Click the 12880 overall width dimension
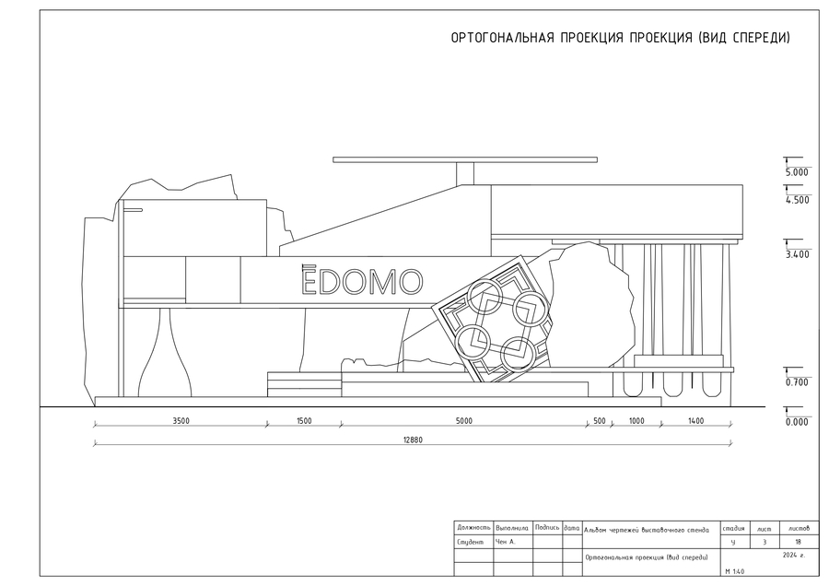[x=413, y=439]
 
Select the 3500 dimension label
[x=181, y=421]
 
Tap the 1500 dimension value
[x=304, y=421]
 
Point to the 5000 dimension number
[x=463, y=421]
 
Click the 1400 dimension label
[x=695, y=421]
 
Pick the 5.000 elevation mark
[x=797, y=172]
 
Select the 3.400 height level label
[x=798, y=254]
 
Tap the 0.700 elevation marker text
[x=797, y=382]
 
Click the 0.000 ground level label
[x=797, y=422]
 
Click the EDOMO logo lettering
[x=362, y=280]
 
